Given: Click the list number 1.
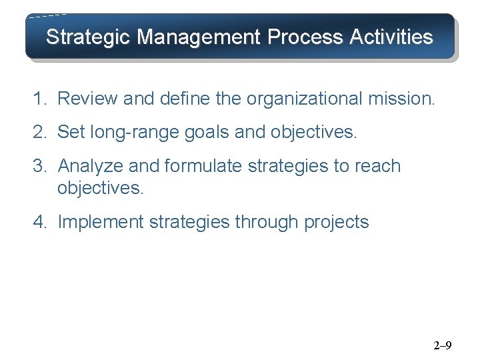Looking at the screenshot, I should click(x=39, y=99).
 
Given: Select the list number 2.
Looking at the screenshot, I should click(x=39, y=132).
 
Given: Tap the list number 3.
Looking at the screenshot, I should click(x=39, y=165).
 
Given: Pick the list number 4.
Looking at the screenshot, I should click(x=39, y=221).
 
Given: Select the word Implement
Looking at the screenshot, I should click(x=101, y=221).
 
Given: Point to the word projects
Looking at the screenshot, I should click(x=336, y=222).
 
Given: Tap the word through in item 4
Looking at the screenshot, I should click(x=266, y=222).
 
